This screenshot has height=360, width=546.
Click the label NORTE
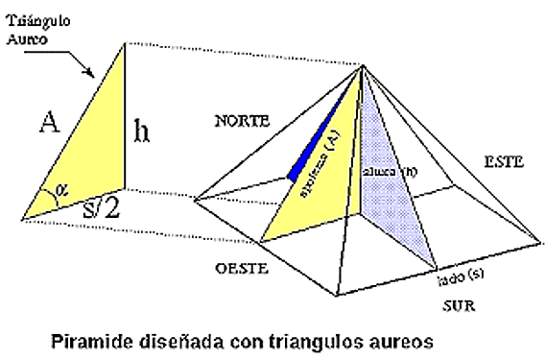pos(243,122)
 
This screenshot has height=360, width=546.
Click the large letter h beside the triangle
pos(141,131)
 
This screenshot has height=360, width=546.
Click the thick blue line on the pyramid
pos(316,134)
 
